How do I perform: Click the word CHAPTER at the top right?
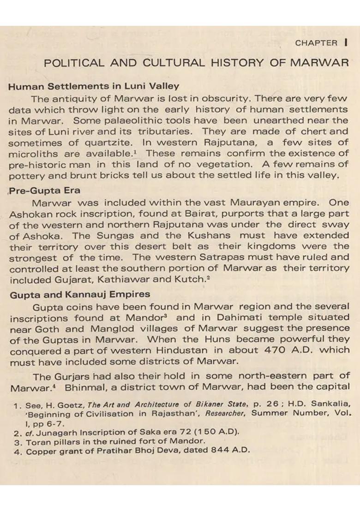pyautogui.click(x=316, y=43)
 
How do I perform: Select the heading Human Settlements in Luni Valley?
pyautogui.click(x=94, y=86)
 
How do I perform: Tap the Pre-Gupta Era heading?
pyautogui.click(x=45, y=190)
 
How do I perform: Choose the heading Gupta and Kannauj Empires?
pyautogui.click(x=80, y=294)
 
